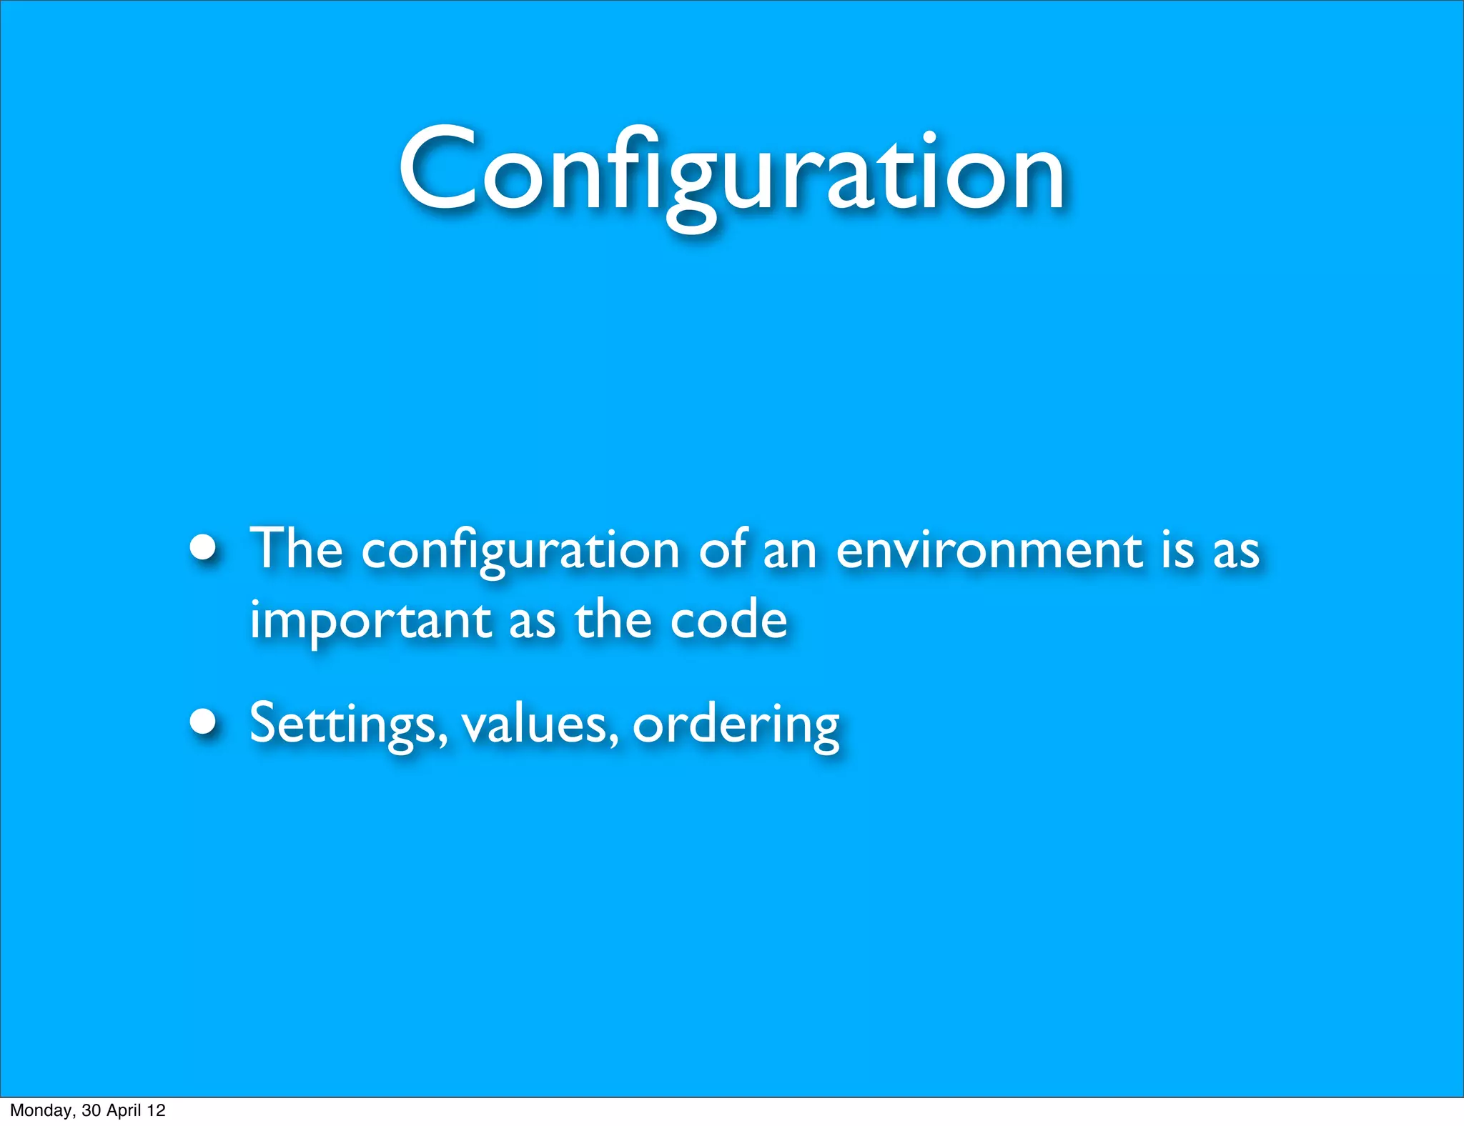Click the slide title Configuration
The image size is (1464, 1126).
pos(731,171)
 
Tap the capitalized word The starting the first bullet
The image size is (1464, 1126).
pos(296,549)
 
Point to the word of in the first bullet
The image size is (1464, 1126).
pos(723,549)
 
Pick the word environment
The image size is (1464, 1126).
pos(990,550)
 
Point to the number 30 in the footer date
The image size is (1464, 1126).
pos(91,1110)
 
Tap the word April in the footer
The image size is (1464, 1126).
pos(124,1110)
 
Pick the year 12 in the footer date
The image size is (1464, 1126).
pos(156,1110)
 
